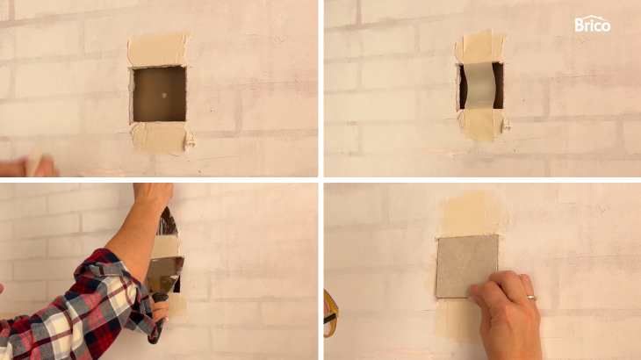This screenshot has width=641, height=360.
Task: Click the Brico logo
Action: tap(593, 25)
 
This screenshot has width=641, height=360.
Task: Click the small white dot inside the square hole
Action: tap(164, 95)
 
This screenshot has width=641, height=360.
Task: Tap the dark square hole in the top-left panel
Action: tap(160, 95)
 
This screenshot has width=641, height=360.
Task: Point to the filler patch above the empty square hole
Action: tap(158, 50)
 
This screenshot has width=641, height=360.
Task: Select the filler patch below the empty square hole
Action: tap(160, 137)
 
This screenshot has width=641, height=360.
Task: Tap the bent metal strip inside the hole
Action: tap(479, 86)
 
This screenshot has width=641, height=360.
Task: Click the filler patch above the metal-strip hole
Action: tap(480, 47)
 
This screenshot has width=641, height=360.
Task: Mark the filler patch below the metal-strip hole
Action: tap(482, 124)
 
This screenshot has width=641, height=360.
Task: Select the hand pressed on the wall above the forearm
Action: tap(153, 197)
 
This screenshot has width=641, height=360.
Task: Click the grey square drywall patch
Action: tap(467, 266)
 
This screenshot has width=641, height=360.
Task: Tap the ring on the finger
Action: tap(531, 298)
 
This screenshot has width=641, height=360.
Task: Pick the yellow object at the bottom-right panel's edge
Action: tap(331, 313)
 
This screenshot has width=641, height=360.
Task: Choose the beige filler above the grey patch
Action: tap(471, 214)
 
